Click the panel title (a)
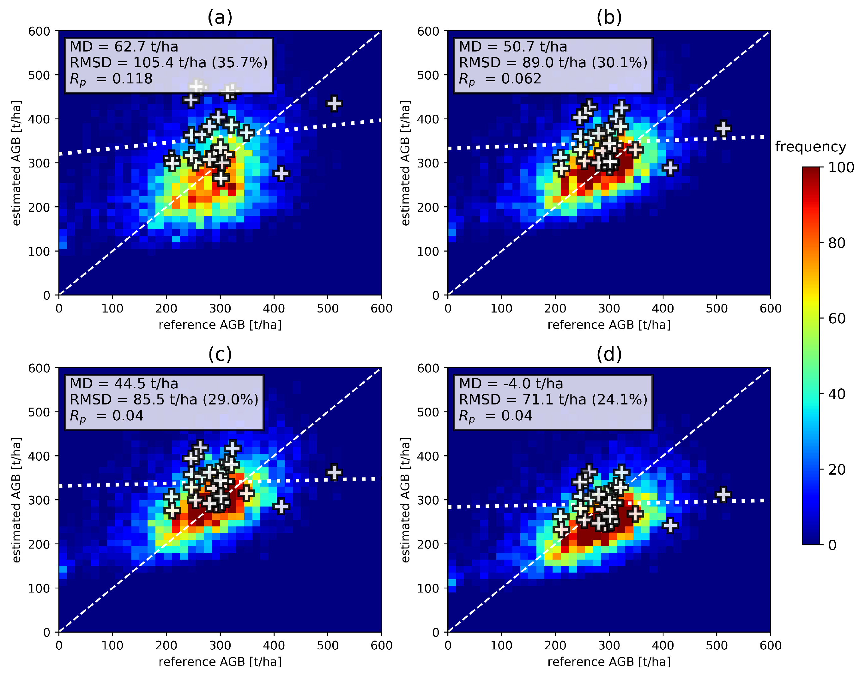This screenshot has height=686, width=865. point(220,17)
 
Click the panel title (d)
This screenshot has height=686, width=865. point(609,354)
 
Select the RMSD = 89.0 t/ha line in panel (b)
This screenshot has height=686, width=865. point(553,63)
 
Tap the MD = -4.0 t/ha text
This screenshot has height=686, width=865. point(511,384)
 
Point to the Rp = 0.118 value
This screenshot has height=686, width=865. point(111,79)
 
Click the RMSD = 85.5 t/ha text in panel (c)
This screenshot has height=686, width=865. point(164,400)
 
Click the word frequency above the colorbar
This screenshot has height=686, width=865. point(810,147)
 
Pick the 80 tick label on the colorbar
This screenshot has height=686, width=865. point(837,243)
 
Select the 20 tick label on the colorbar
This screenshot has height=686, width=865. point(837,469)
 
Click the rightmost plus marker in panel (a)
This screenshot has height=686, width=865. point(334,104)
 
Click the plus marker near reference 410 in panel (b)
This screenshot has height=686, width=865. point(670,168)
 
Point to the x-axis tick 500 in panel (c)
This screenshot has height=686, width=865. point(328,646)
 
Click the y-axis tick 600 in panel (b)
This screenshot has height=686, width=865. point(428,31)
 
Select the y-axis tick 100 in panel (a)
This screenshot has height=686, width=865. point(39,252)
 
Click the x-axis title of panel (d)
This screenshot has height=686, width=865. point(609,662)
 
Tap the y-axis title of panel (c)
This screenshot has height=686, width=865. point(16,500)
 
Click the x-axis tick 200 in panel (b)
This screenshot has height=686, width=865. point(555,308)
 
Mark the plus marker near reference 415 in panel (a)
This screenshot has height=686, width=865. point(281,173)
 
